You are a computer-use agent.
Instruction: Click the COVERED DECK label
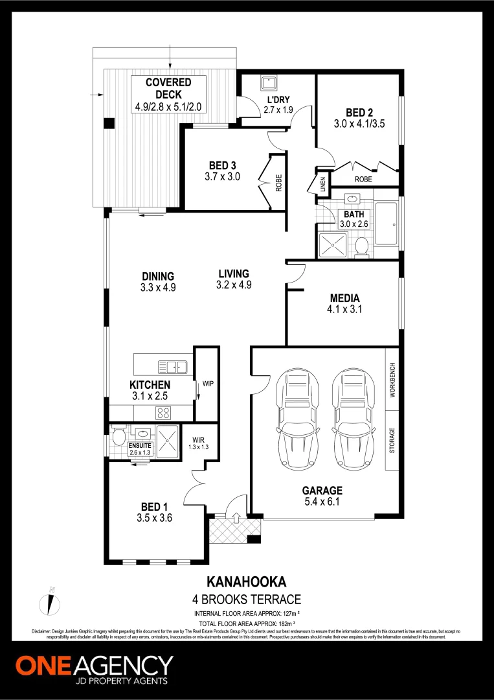point(168,83)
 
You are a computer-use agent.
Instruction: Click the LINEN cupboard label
point(322,185)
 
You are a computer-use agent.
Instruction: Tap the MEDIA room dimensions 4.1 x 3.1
point(345,309)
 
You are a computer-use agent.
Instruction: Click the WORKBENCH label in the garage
point(392,380)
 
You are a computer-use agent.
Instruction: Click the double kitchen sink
point(176,367)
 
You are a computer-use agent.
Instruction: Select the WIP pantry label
point(207,384)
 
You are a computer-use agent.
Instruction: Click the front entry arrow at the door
point(236,517)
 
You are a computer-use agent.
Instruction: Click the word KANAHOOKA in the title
point(246,582)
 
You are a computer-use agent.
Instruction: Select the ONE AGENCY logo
point(94,668)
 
